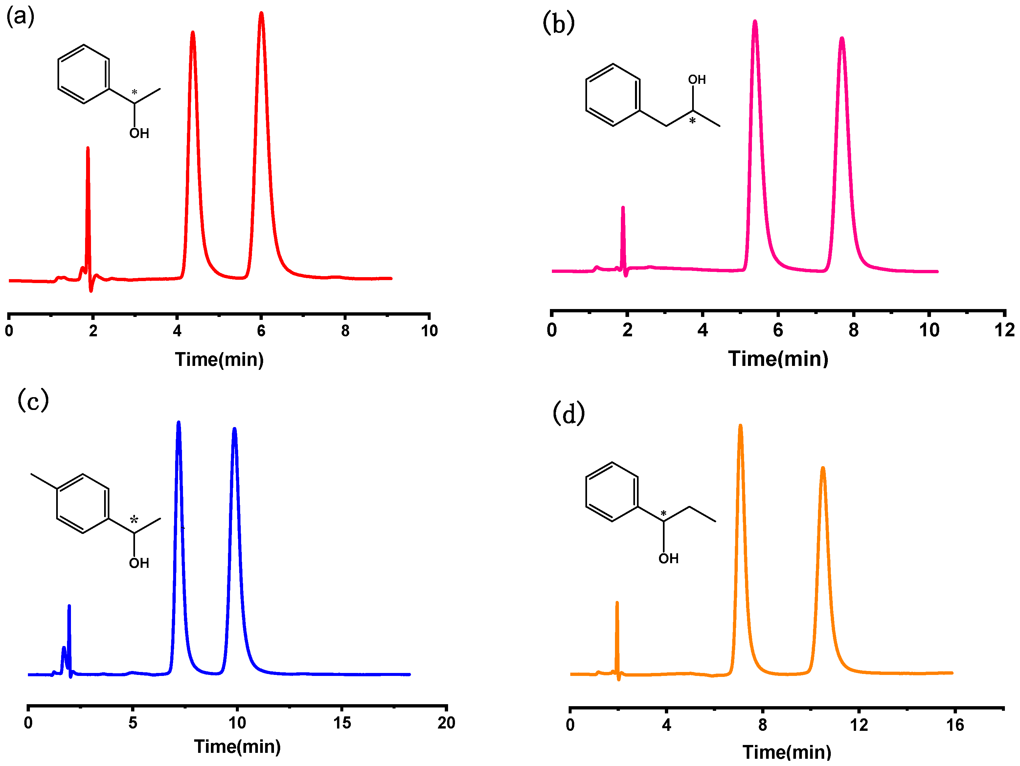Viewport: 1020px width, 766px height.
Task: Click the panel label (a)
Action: click(20, 17)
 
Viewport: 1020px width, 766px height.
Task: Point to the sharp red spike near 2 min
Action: click(88, 149)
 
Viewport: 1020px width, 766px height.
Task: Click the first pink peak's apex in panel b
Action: click(755, 22)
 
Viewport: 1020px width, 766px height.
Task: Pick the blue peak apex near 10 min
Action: click(235, 429)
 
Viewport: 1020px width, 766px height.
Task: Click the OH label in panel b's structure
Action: click(697, 80)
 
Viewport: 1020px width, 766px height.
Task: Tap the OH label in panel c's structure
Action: click(139, 563)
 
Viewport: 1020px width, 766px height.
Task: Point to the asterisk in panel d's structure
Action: click(664, 514)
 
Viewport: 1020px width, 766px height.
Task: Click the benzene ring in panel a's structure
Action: click(83, 74)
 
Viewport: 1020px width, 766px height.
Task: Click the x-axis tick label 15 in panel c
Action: click(342, 723)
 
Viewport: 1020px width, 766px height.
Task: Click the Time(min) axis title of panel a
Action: click(219, 359)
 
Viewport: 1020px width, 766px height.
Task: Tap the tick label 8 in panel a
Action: click(345, 331)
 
